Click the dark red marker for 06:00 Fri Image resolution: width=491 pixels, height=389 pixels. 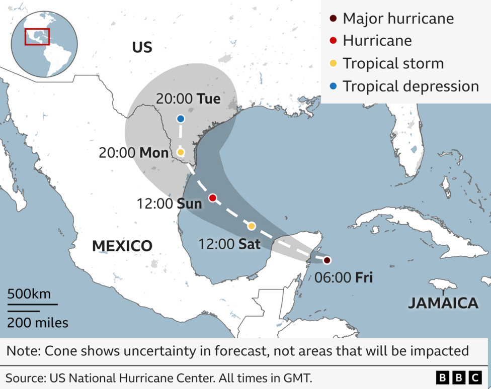coord(327,260)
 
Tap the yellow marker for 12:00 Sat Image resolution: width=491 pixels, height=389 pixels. coord(252,226)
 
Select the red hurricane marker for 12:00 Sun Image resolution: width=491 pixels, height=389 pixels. coord(212,198)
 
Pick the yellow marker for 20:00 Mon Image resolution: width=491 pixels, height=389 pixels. coord(181,152)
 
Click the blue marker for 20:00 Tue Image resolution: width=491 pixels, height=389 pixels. coord(181,119)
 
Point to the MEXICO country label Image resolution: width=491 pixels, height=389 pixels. coord(122,246)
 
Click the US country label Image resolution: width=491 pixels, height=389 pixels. coord(142,47)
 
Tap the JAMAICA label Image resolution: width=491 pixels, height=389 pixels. coord(443,303)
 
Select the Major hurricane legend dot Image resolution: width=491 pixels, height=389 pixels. coord(333,19)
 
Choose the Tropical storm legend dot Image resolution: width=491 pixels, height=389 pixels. coord(333,64)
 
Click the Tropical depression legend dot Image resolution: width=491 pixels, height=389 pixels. coord(333,86)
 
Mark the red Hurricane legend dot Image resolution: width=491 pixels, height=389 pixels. coord(333,41)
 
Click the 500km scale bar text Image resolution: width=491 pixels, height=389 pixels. coord(29,294)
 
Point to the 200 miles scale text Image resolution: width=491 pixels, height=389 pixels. coord(38,322)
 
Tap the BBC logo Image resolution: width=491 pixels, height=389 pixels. coord(458,377)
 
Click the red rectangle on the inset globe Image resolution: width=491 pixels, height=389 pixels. coord(37,37)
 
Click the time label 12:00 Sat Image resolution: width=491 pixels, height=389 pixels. coord(229,244)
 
